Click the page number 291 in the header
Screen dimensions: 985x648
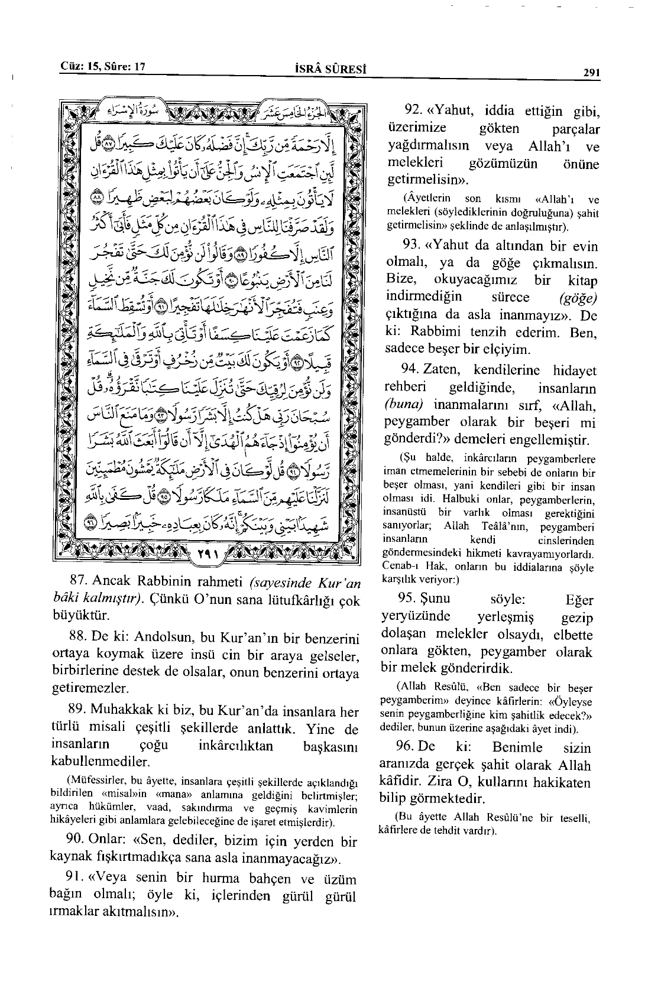coord(591,73)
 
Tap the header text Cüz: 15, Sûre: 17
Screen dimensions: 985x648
coord(103,67)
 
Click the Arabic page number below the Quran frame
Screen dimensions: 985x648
coord(208,555)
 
